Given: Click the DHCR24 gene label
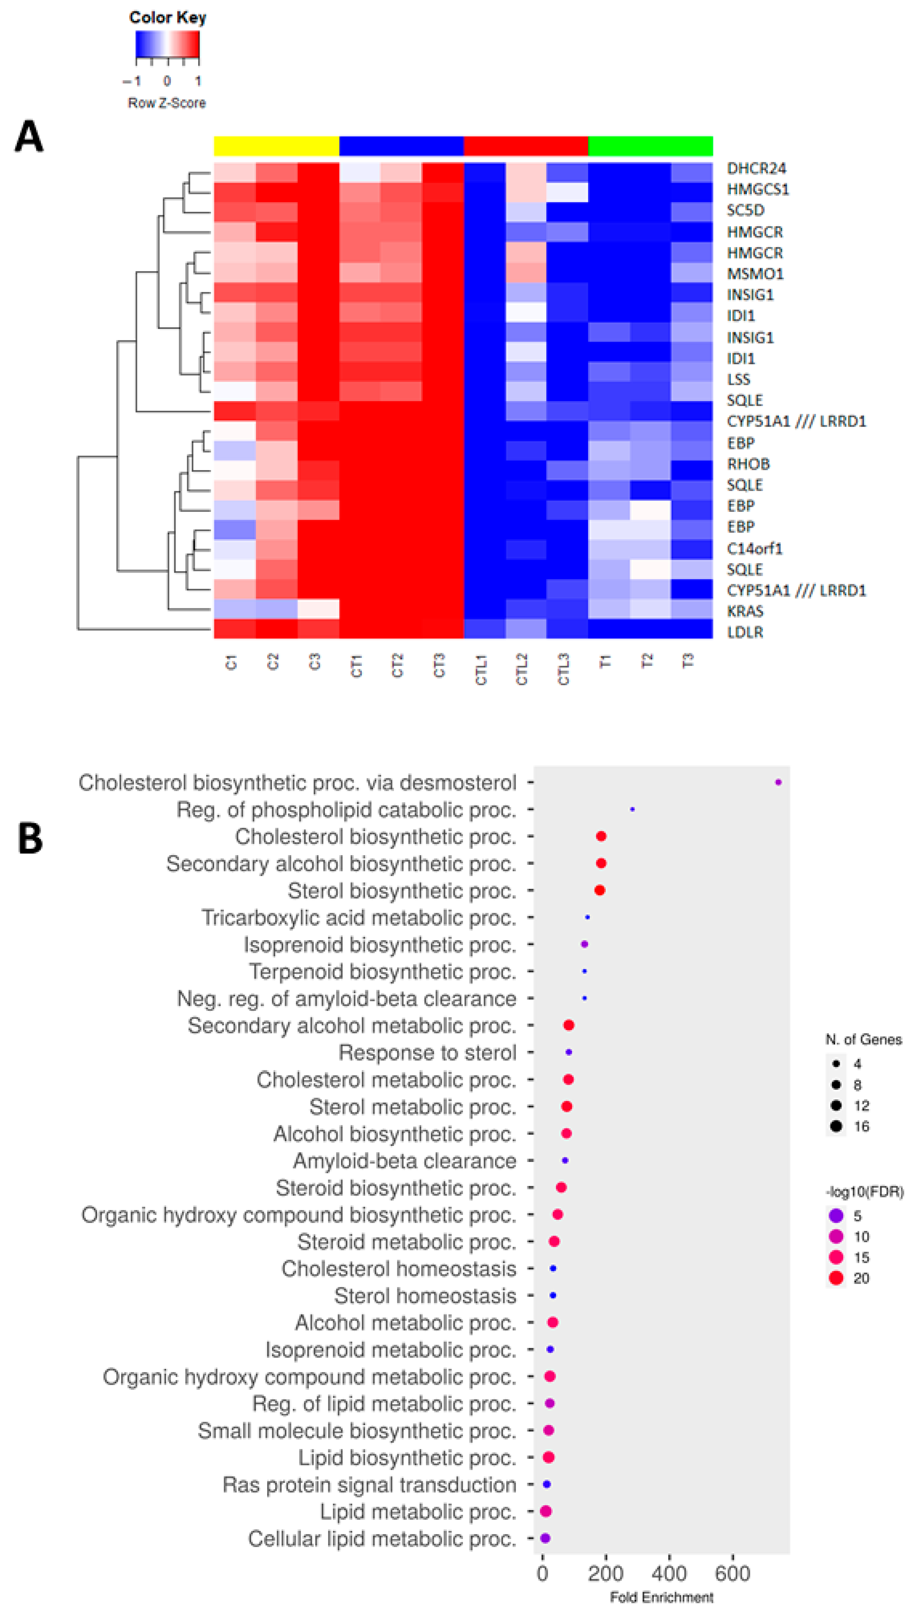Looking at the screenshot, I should coord(756,168).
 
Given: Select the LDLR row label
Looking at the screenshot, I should coord(745,632).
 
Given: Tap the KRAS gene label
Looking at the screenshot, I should coord(745,611).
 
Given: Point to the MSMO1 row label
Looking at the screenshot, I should coord(755,274).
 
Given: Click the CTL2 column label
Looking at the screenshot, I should coord(522,669).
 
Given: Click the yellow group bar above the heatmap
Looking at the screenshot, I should coord(276,146).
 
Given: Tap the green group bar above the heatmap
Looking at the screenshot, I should coord(650,146).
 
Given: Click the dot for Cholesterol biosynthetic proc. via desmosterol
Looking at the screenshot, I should coord(778,782).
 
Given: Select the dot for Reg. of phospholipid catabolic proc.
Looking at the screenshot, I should coord(632,809).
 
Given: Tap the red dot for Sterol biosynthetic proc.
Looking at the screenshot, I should coord(600,890).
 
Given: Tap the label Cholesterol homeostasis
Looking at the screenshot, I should coord(399,1269).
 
